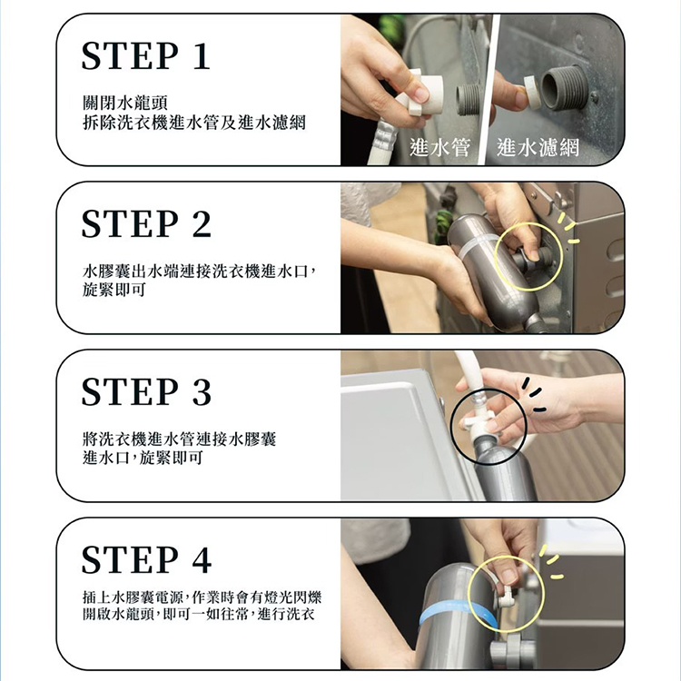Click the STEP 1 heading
pyautogui.click(x=145, y=56)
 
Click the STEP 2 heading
pyautogui.click(x=146, y=224)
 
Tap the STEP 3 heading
pyautogui.click(x=146, y=391)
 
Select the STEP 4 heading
pyautogui.click(x=146, y=559)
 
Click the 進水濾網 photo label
pyautogui.click(x=538, y=147)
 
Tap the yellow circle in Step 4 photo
pyautogui.click(x=505, y=594)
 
